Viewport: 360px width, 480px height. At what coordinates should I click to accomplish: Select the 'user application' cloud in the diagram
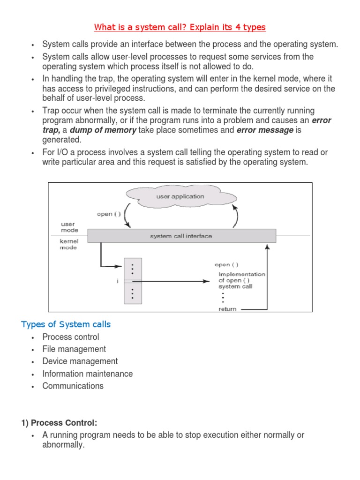point(180,196)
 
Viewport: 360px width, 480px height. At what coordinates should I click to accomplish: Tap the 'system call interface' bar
point(181,236)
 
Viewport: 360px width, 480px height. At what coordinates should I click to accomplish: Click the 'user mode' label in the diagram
point(69,227)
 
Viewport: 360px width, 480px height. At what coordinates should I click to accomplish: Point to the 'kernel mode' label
point(68,244)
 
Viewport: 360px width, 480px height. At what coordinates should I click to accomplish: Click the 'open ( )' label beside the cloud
point(108,214)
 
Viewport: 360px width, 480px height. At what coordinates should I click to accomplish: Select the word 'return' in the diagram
point(228,309)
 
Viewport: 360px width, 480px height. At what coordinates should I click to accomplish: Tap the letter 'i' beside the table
point(111,281)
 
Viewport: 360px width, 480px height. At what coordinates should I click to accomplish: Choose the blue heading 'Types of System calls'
point(66,324)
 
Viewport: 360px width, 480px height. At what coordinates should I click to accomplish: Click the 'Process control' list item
point(71,337)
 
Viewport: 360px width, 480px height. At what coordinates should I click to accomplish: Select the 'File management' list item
point(74,349)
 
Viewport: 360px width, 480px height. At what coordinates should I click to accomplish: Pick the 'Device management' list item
point(80,361)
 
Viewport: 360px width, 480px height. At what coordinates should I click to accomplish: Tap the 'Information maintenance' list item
point(88,374)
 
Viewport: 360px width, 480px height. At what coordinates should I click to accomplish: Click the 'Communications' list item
point(73,386)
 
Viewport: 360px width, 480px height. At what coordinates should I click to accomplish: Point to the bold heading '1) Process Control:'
point(59,423)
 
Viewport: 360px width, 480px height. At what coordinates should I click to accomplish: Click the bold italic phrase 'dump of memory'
point(103,130)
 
